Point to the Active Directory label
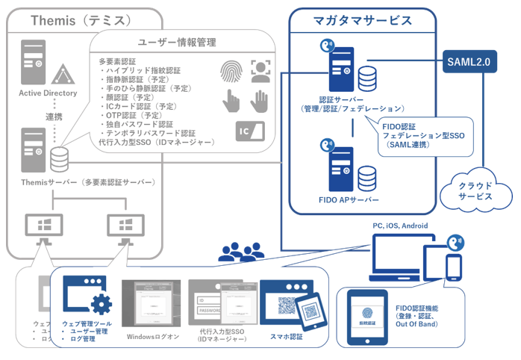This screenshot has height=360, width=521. click(x=49, y=93)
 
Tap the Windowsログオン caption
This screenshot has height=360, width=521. click(x=153, y=337)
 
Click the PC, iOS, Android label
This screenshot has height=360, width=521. click(x=403, y=226)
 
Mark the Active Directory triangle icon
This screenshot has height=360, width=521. click(x=62, y=74)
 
